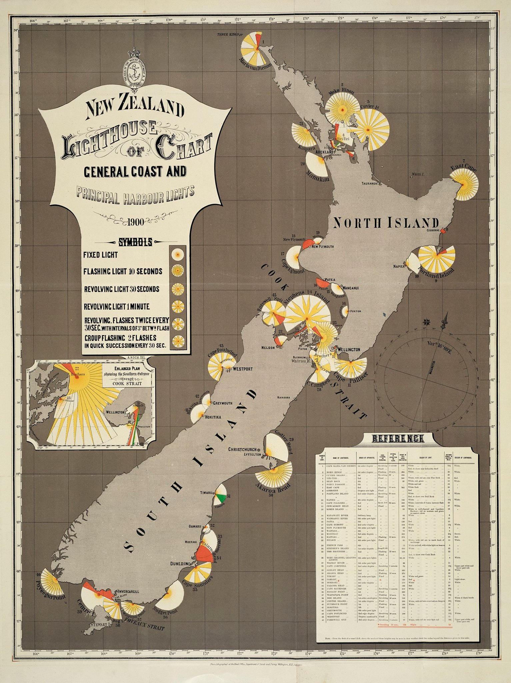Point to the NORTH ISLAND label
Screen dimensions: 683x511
(x=386, y=223)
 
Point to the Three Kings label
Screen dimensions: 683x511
(x=228, y=34)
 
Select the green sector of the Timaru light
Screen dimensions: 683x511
(x=220, y=499)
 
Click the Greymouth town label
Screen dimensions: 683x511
(x=222, y=403)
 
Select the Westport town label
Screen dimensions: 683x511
(x=243, y=369)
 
